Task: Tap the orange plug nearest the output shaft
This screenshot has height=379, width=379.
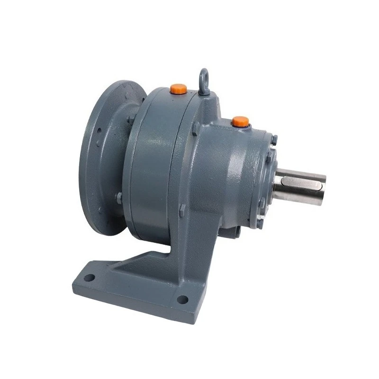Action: (x=240, y=121)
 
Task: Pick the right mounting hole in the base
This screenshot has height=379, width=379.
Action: (x=181, y=299)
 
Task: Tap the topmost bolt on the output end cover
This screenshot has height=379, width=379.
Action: (x=274, y=140)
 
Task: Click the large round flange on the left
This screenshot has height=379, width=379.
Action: (x=104, y=156)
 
